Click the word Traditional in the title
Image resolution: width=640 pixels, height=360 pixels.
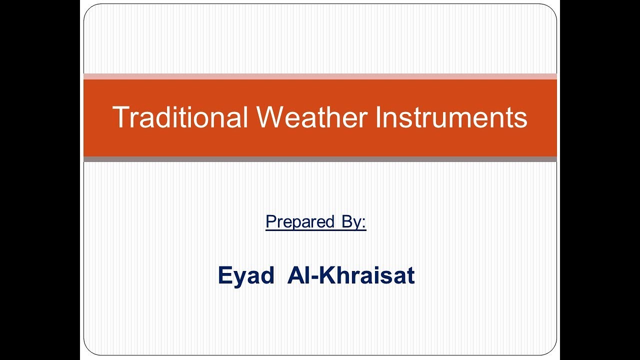pos(180,117)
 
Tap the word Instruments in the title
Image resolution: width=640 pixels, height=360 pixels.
pos(451,117)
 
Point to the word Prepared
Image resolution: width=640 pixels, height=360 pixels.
pos(300,221)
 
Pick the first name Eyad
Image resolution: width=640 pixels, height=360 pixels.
pos(246,275)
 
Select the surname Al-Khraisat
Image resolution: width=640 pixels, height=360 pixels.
pos(351,275)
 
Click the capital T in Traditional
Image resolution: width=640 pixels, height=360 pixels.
pos(120,117)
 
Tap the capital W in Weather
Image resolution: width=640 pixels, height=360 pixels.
pos(272,117)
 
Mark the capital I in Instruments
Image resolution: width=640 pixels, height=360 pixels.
pos(378,117)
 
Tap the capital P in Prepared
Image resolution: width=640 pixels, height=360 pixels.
pos(270,221)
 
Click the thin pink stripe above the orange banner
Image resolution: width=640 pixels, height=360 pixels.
pos(320,76)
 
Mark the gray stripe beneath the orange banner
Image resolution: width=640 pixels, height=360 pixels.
pos(320,159)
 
